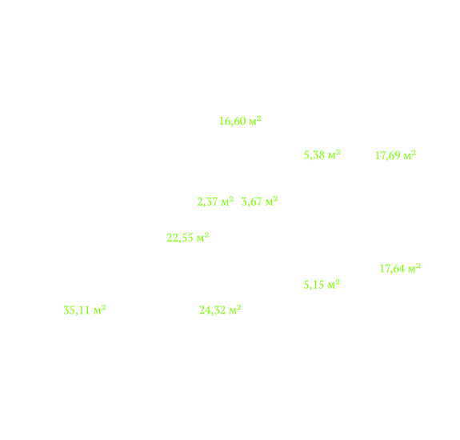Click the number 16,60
coord(233,122)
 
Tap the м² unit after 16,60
coord(255,121)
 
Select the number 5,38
coord(314,155)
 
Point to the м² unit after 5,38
coord(334,154)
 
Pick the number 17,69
coord(388,156)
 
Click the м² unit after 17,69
coord(410,155)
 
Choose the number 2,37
coord(207,202)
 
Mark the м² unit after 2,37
coord(227,202)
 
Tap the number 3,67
coord(252,202)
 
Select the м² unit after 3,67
coord(271,202)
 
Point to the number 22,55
coord(180,238)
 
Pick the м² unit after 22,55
coord(202,237)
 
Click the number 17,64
coord(392,269)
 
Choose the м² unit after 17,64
coord(414,268)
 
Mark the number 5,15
coord(314,285)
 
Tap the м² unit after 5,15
coord(334,284)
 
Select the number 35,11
coord(77,310)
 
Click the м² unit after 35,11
coord(99,310)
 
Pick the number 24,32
coord(212,310)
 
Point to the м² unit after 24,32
coord(235,310)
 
